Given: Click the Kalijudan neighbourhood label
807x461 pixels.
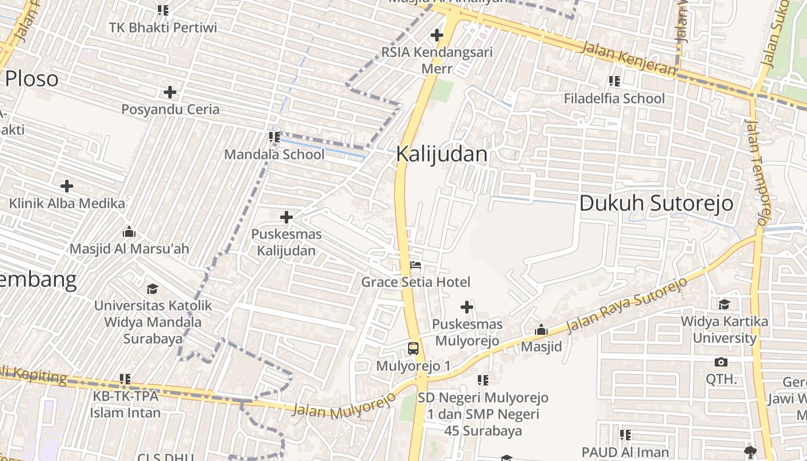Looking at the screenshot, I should coord(442,154).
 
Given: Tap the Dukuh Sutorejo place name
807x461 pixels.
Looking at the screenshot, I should coord(656,203).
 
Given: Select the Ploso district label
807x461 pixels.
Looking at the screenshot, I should coord(32,78).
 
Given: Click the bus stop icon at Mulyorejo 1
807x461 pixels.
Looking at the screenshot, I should coord(413,348).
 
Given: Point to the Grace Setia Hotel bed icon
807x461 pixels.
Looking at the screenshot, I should coord(416,266).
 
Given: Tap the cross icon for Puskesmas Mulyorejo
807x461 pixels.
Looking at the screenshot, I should coord(467,307).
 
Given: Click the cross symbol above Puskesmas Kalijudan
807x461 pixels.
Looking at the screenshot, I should coord(286,217).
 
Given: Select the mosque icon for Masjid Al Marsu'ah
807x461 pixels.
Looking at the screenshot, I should coord(129,232).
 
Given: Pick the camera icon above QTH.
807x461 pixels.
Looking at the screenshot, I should coord(721,362).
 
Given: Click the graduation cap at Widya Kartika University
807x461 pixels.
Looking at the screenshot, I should coord(724,304).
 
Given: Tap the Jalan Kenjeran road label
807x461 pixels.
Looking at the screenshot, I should coord(628,58).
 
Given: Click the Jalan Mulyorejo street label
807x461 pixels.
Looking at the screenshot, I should coord(344,406).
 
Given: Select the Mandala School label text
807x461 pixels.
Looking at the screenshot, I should coord(274,154).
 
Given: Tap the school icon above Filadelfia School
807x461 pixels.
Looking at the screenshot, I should coord(614,81).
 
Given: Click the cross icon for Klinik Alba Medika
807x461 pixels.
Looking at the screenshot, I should coord(67,186).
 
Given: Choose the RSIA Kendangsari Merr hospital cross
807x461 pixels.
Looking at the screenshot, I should coord(436,35).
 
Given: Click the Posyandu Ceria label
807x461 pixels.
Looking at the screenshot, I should coord(171,109).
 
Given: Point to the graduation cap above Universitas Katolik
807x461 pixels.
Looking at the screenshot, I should coord(152,288).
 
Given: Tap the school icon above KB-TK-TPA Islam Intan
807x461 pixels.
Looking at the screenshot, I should coord(125,379).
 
